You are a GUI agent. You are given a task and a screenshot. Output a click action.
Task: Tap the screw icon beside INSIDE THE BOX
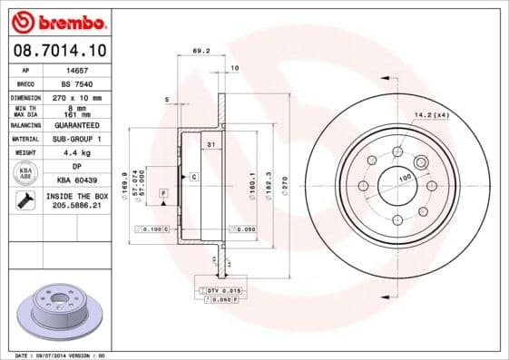click(x=26, y=200)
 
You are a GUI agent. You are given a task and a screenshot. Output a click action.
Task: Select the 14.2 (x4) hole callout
click(x=432, y=115)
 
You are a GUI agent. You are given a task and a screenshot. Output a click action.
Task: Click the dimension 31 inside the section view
click(x=210, y=145)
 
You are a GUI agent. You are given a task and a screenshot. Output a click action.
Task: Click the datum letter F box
click(x=163, y=193)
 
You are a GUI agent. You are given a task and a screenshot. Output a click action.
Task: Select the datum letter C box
click(x=194, y=175)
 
